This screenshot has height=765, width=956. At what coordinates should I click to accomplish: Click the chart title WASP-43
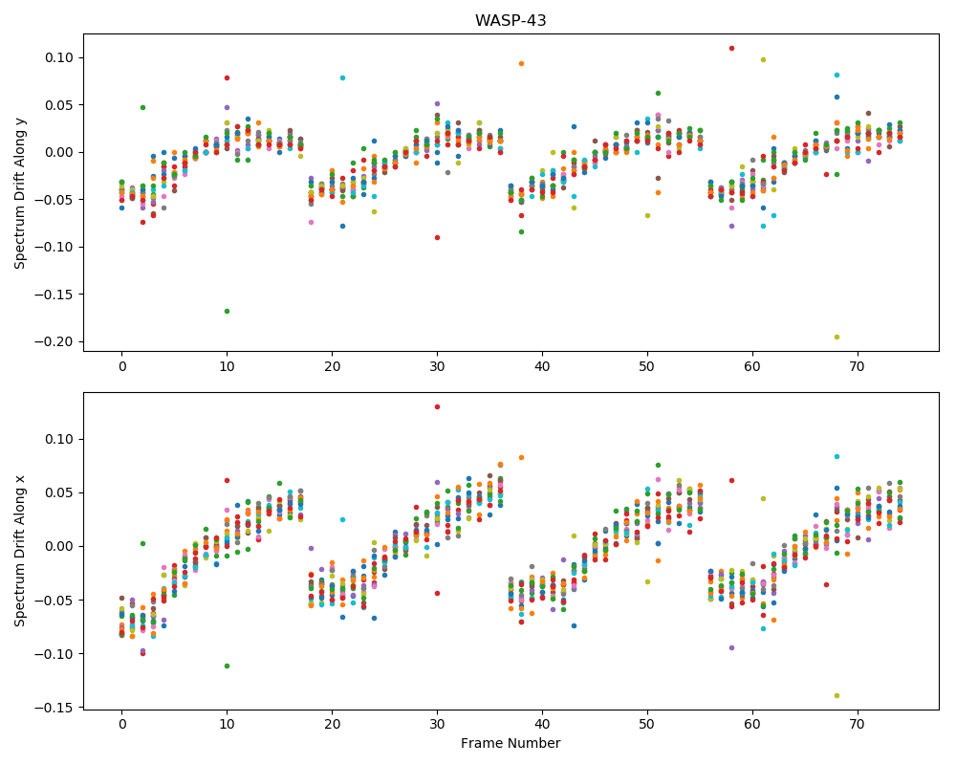(x=511, y=20)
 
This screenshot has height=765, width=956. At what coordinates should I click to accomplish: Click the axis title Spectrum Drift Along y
(x=20, y=191)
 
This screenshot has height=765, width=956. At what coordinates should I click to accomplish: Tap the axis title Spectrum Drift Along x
(x=20, y=550)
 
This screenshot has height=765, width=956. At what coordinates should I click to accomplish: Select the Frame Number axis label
(x=511, y=743)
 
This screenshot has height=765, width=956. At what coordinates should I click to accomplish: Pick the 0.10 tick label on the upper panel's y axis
(x=58, y=58)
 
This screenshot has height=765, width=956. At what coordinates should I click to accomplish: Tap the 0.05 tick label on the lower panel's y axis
(x=58, y=492)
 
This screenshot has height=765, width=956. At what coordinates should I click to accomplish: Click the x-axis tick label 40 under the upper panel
(x=542, y=366)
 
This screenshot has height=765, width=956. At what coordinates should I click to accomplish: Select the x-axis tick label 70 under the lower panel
(x=858, y=725)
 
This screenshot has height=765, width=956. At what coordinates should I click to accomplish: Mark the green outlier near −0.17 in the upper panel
(x=227, y=311)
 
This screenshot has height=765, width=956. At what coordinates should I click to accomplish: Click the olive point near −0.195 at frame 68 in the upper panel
(x=836, y=337)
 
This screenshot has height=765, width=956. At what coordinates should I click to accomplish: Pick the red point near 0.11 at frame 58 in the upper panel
(x=731, y=48)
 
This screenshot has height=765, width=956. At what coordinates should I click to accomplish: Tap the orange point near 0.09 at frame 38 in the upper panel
(x=521, y=63)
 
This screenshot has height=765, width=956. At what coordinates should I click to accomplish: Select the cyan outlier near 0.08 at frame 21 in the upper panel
(x=342, y=78)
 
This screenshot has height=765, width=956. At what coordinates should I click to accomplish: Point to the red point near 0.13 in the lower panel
(x=437, y=407)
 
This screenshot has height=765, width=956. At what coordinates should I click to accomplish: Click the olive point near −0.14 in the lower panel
(x=836, y=695)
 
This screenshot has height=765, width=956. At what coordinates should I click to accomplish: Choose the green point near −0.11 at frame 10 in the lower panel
(x=227, y=666)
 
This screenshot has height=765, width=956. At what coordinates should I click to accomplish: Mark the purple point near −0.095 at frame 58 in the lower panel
(x=731, y=648)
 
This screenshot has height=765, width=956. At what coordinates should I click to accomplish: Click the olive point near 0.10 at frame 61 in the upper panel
(x=763, y=60)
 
